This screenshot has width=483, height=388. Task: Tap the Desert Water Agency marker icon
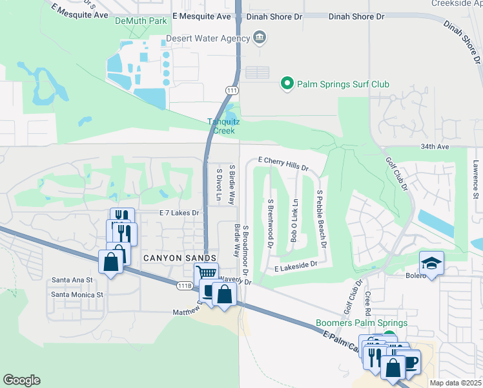click(x=260, y=37)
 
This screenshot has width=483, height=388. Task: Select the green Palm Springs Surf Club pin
click(x=287, y=83)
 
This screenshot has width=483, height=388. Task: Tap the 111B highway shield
click(x=185, y=285)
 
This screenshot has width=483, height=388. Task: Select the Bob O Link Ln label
click(x=294, y=221)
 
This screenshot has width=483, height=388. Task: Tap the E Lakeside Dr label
click(x=296, y=264)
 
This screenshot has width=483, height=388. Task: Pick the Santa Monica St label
click(x=77, y=294)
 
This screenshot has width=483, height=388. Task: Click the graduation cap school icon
click(x=431, y=263)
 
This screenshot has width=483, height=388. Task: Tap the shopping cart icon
click(x=206, y=274)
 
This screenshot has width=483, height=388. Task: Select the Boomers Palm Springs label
click(x=362, y=323)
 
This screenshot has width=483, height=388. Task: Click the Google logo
click(x=21, y=380)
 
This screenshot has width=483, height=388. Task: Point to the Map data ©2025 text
click(x=455, y=383)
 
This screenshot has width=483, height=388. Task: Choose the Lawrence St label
click(x=475, y=178)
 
